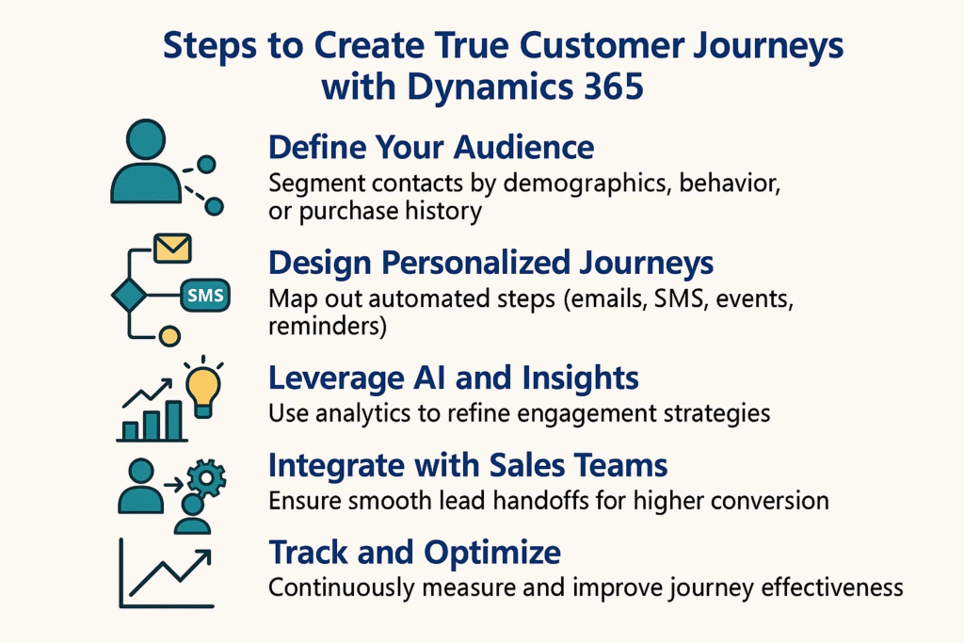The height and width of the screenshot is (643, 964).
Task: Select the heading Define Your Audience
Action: tap(431, 148)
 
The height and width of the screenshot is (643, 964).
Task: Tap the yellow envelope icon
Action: tap(172, 248)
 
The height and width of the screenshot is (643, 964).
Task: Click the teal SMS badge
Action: tap(205, 296)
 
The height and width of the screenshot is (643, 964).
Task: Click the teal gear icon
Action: tap(206, 477)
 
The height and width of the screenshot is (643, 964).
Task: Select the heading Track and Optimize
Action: tap(414, 552)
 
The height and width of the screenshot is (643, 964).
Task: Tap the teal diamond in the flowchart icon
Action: tap(129, 295)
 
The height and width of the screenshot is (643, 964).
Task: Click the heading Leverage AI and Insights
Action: tap(454, 378)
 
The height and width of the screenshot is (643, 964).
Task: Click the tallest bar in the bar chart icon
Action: tap(174, 421)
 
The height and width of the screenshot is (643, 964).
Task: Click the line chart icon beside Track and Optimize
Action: tap(166, 573)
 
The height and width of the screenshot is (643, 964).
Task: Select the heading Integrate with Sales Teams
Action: tap(468, 465)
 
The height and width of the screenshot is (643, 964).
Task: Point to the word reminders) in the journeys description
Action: tap(328, 326)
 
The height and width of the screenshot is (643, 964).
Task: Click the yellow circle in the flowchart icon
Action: tap(169, 336)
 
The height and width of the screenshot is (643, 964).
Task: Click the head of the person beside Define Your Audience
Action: tap(146, 139)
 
